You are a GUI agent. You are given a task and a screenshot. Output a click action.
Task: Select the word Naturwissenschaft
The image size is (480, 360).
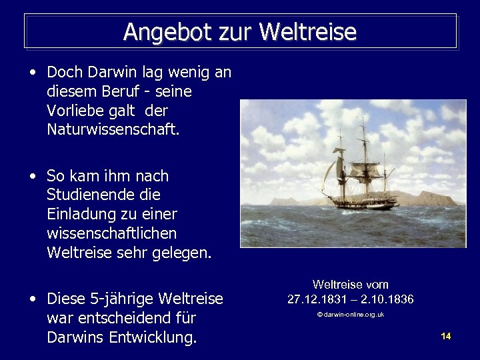tap(113, 129)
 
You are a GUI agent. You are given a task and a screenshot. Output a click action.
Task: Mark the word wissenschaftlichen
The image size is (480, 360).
tap(111, 234)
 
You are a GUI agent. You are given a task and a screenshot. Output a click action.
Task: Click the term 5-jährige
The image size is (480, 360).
tap(122, 299)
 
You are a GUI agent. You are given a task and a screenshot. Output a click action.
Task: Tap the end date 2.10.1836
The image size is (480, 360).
tap(387, 299)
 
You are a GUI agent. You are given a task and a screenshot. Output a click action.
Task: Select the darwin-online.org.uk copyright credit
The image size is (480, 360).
tap(350, 315)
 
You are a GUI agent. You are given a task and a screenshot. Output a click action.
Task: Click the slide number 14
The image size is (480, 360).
tap(446, 336)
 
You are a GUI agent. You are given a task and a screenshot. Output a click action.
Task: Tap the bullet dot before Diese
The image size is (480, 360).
tap(32, 299)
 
